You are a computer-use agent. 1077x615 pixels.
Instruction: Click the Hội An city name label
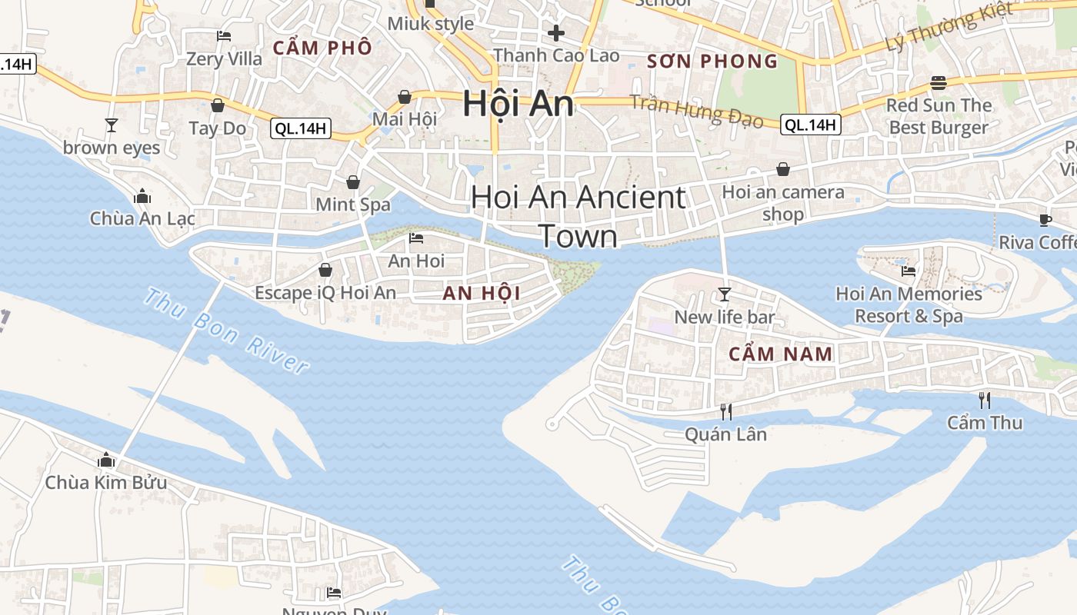pos(518,105)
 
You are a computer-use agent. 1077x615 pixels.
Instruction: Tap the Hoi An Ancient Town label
pos(578,216)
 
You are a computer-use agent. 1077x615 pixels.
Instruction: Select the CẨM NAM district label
pos(780,354)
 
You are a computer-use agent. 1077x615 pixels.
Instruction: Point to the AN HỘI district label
pos(482,293)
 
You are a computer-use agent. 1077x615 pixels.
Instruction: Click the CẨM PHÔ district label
pos(322,48)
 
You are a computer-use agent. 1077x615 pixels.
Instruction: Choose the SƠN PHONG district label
pos(712,61)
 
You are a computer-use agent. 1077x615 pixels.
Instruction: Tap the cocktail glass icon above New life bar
pos(724,294)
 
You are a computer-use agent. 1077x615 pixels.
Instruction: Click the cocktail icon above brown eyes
pos(112,125)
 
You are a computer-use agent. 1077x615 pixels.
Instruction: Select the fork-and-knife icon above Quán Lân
pos(725,411)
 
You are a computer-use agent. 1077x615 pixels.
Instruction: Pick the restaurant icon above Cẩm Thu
pos(984,400)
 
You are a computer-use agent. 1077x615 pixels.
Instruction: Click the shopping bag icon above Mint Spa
pos(353,182)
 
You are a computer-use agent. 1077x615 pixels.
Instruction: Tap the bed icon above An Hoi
pos(416,238)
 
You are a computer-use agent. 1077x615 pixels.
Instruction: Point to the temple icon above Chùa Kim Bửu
pos(106,460)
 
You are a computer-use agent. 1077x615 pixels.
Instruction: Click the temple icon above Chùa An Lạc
pos(142,196)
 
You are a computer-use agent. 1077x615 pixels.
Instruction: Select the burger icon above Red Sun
pos(938,82)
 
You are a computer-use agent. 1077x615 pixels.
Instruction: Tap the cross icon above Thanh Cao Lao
pos(555,33)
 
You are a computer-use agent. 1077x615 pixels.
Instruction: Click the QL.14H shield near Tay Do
pos(301,128)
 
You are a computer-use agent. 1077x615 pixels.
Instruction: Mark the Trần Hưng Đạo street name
pos(696,111)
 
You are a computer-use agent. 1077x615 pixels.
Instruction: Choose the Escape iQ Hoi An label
pos(325,293)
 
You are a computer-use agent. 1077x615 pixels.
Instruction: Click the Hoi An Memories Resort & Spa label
pos(909,304)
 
